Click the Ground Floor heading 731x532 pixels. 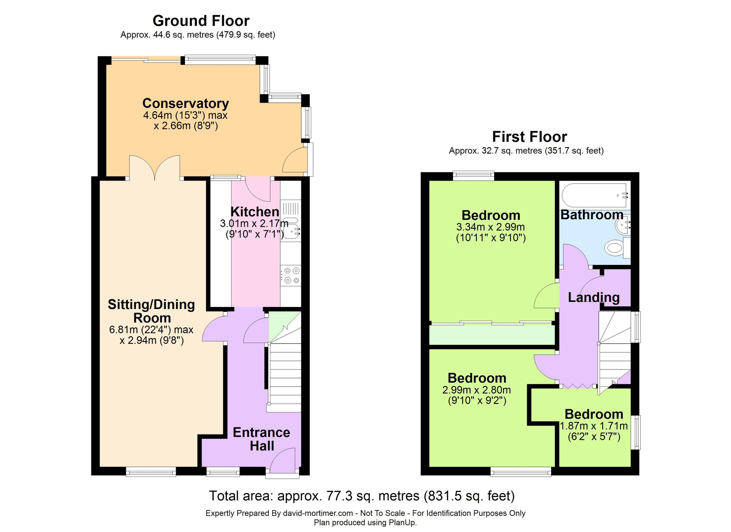click(201, 21)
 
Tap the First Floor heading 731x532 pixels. click(529, 137)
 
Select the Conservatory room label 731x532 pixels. click(186, 104)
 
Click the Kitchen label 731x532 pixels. click(255, 212)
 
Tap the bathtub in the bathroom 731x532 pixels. click(594, 195)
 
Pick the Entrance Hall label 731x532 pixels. click(261, 439)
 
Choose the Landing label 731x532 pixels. click(593, 297)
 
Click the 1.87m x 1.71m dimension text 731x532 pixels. click(594, 426)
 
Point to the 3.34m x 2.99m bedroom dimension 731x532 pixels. click(490, 227)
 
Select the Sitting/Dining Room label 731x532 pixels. click(151, 311)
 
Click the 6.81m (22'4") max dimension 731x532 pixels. click(151, 330)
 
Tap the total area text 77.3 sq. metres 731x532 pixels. click(362, 496)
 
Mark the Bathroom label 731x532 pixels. click(592, 215)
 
